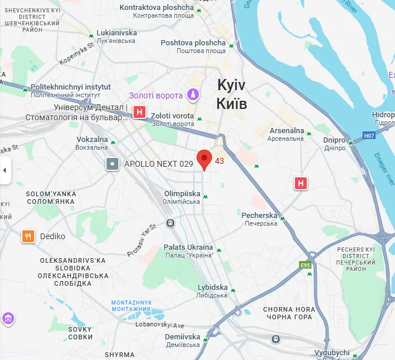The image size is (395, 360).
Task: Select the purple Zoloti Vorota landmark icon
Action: click(x=192, y=94)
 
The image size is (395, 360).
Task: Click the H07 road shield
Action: click(x=369, y=136)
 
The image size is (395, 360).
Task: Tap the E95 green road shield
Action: click(x=305, y=266)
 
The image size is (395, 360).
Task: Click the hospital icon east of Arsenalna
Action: click(x=301, y=183)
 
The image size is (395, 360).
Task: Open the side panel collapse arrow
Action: click(x=5, y=170)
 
